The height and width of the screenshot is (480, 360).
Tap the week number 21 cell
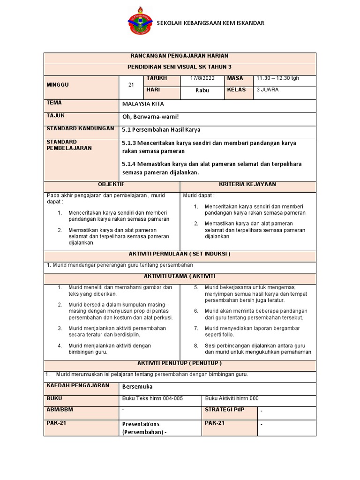tap(131, 85)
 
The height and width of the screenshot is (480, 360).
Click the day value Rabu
tap(202, 90)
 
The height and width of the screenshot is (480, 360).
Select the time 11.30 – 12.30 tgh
tap(277, 78)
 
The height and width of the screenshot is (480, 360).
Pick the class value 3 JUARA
tap(268, 90)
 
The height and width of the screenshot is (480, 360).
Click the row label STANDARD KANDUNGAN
tap(80, 128)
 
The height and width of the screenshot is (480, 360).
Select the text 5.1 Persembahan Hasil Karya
tap(161, 130)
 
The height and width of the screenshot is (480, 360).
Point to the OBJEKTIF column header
tap(112, 185)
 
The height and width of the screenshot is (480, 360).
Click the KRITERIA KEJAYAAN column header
tap(247, 185)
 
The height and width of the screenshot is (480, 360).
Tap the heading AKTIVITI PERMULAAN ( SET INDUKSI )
tap(180, 254)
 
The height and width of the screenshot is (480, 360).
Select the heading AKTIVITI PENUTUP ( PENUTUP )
tap(180, 363)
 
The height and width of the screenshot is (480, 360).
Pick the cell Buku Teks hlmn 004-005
tap(152, 398)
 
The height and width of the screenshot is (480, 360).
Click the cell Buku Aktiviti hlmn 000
tap(232, 398)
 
